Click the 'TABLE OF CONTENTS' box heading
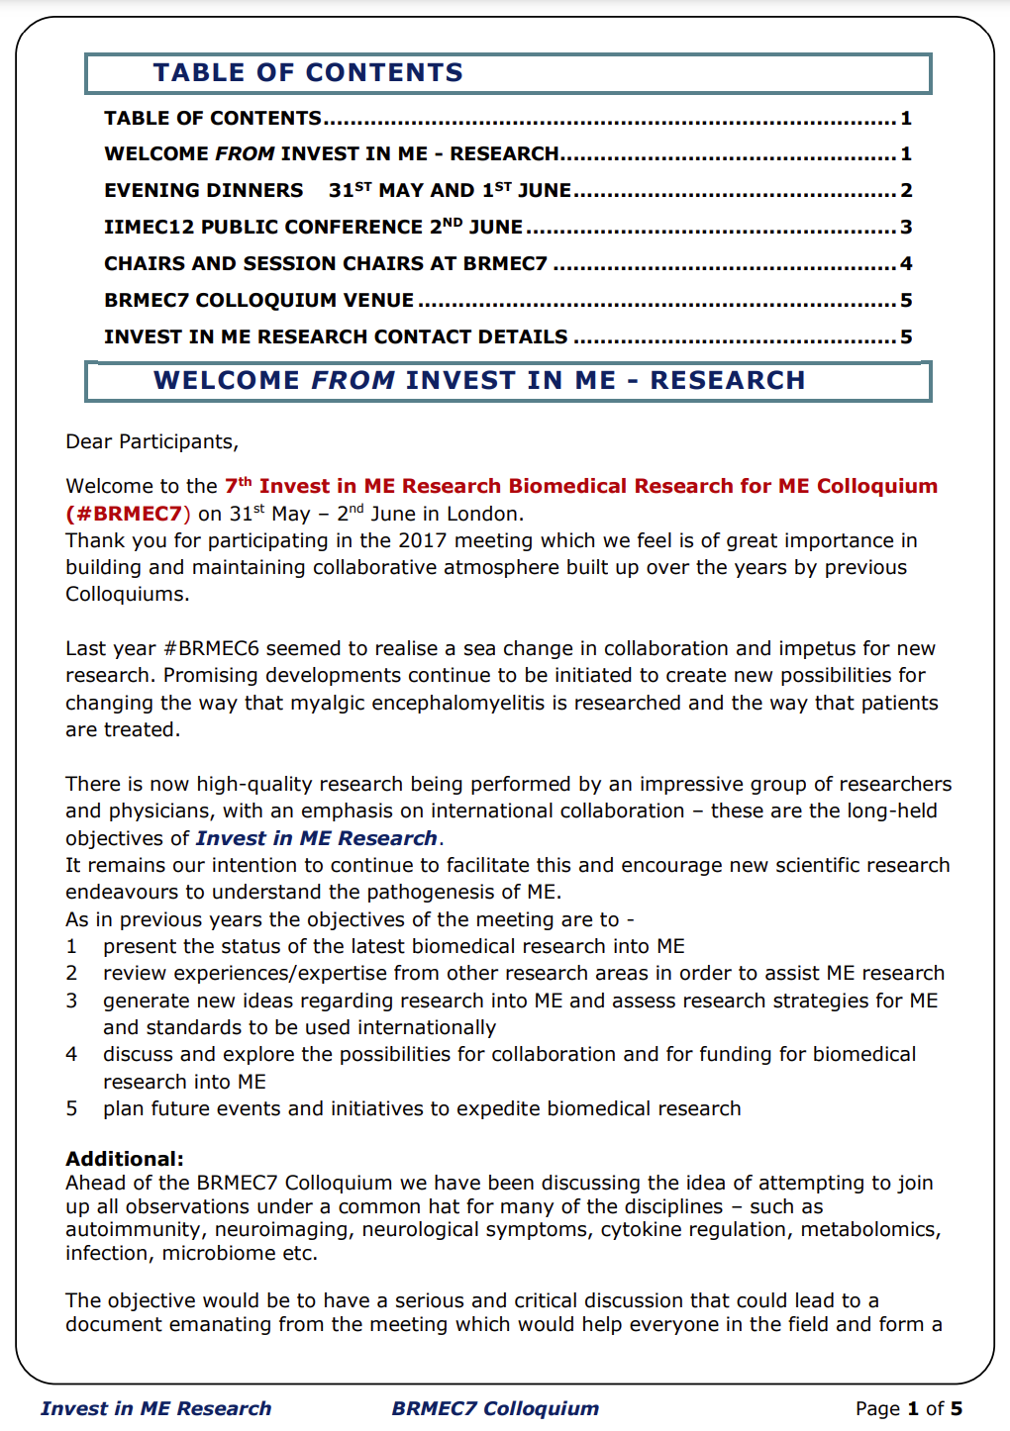click(x=308, y=73)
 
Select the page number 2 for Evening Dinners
click(x=906, y=190)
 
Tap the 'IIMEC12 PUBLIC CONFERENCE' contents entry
click(x=313, y=227)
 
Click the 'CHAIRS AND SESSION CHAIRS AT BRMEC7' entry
click(x=326, y=263)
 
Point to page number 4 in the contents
click(x=906, y=263)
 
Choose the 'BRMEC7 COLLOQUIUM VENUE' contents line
click(x=259, y=300)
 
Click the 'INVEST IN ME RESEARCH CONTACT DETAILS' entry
click(x=336, y=336)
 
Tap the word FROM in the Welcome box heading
click(x=353, y=381)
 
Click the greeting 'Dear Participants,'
click(x=152, y=441)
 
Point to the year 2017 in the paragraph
click(x=424, y=540)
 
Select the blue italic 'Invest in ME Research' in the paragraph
click(x=317, y=838)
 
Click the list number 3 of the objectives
click(x=71, y=1001)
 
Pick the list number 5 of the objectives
click(x=71, y=1108)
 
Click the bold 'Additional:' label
click(x=125, y=1159)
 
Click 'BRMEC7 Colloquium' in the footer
click(x=495, y=1408)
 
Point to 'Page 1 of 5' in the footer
click(x=909, y=1408)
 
